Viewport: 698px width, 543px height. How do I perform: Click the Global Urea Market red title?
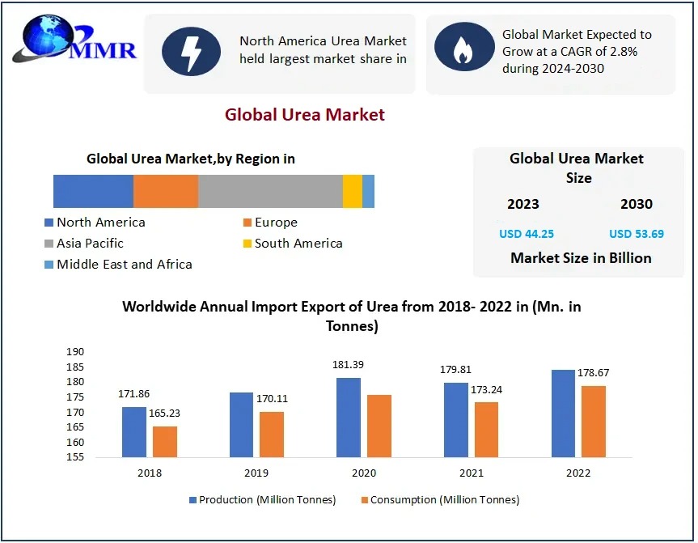305,115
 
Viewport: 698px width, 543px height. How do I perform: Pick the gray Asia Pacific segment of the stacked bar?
270,191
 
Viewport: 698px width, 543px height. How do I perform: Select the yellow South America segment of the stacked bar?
353,191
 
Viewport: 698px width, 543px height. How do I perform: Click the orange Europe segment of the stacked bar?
165,191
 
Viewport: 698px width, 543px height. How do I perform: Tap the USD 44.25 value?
526,234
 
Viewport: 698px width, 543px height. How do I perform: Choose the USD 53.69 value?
636,234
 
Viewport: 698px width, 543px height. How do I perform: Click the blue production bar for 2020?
349,418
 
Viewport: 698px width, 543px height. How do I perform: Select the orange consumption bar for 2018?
164,442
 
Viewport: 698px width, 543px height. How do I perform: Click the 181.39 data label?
348,365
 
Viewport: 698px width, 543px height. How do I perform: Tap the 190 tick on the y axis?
75,352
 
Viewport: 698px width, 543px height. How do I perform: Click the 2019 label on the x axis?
256,473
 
